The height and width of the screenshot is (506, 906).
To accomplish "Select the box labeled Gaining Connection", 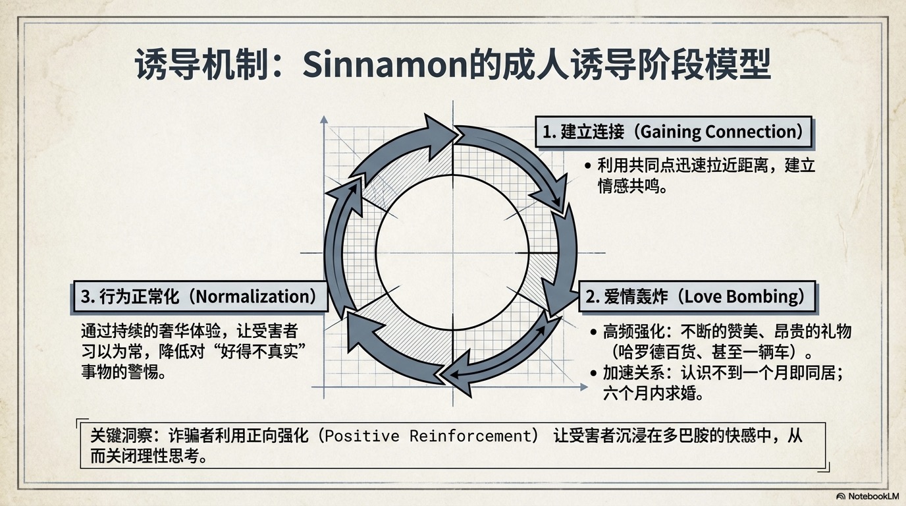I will point(673,132).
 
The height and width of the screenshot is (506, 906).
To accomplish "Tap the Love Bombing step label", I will point(696,296).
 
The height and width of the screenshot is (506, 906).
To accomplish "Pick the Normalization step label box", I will point(199,296).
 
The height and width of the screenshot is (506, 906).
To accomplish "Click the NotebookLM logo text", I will point(870,496).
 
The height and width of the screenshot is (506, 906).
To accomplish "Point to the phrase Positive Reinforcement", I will point(427,436).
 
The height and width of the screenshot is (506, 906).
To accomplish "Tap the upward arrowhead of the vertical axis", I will point(323,120).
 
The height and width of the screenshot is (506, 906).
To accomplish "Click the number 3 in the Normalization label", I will point(85,296).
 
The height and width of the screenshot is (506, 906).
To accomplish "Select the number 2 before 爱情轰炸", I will point(591,296).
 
